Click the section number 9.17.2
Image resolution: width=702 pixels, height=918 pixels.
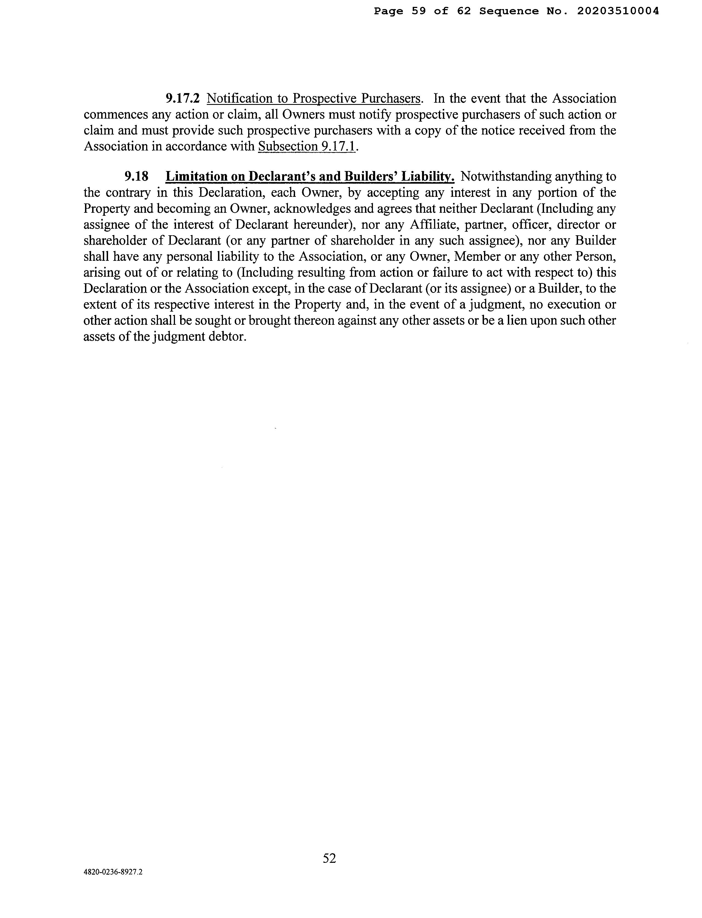pos(183,99)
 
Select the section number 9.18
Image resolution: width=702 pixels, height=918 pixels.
pos(136,177)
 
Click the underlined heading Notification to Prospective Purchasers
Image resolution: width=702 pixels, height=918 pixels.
pos(313,99)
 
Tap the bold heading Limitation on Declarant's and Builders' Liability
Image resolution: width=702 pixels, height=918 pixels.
pos(310,177)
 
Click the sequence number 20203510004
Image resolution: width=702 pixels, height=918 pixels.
pos(618,11)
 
